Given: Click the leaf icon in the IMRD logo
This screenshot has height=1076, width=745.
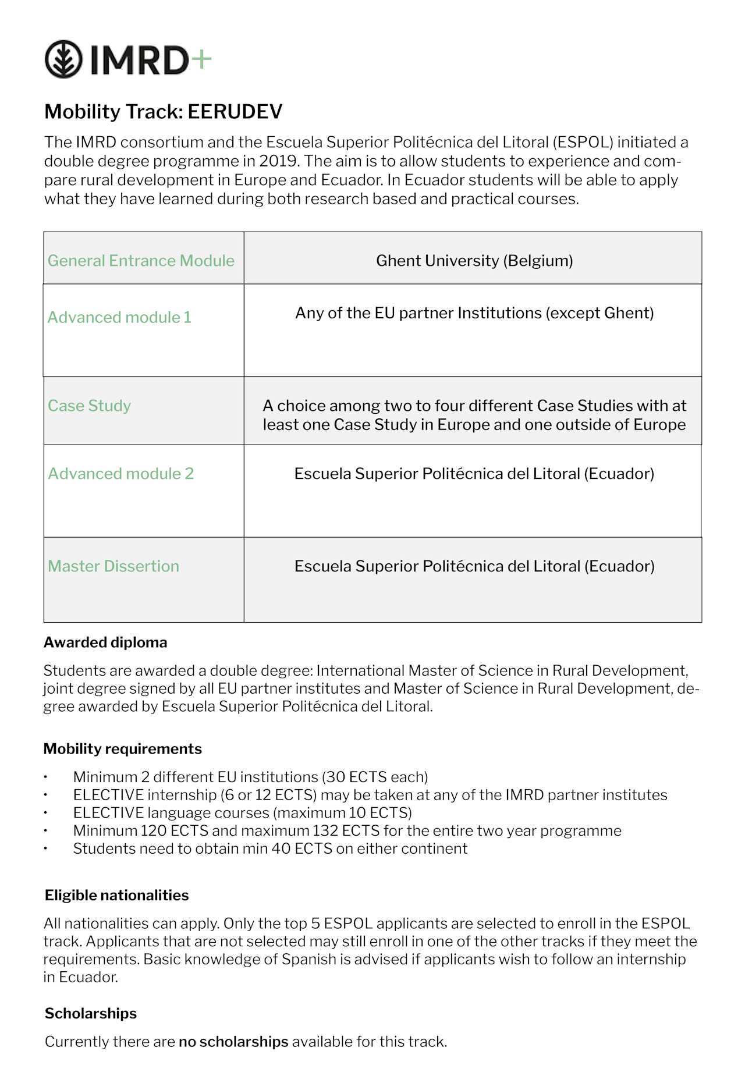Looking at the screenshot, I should pos(63,59).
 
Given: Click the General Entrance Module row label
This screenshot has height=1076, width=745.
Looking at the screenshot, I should pos(141,261).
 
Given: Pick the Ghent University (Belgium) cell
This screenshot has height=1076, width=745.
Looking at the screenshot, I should pos(474,261).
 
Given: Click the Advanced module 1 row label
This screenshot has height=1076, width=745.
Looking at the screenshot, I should pos(119,318).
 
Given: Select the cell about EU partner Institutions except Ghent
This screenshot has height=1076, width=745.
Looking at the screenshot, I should pos(474,313).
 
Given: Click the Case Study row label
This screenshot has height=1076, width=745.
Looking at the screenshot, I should pos(89,406).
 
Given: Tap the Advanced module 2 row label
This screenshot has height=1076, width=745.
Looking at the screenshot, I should pos(120,474).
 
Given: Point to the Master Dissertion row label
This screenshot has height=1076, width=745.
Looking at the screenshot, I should pos(113,566).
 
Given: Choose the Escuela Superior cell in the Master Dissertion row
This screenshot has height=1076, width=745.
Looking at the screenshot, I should pos(474,566).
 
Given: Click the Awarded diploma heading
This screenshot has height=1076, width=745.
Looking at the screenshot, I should pos(105,642).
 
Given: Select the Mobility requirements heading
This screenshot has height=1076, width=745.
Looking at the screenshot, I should pos(122,749).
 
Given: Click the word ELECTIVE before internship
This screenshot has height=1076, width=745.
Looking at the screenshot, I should pos(108,795).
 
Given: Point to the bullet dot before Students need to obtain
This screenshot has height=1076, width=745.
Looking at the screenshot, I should pos(45,849).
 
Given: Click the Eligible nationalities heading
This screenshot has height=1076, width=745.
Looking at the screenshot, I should pos(116,896).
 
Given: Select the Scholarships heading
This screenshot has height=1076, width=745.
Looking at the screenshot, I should pos(91,1014).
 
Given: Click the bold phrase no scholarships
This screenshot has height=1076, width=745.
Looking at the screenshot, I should pos(233,1042).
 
